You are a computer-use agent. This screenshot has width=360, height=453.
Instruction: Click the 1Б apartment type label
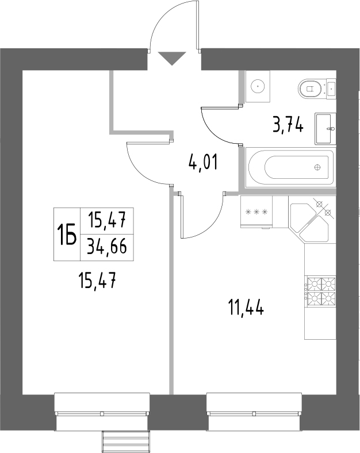click(x=67, y=234)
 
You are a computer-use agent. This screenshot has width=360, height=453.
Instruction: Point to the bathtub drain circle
click(x=317, y=167)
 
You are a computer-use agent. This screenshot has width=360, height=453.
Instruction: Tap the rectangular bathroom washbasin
click(x=327, y=128)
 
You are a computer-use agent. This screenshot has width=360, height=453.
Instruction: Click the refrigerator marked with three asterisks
click(x=257, y=212)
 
